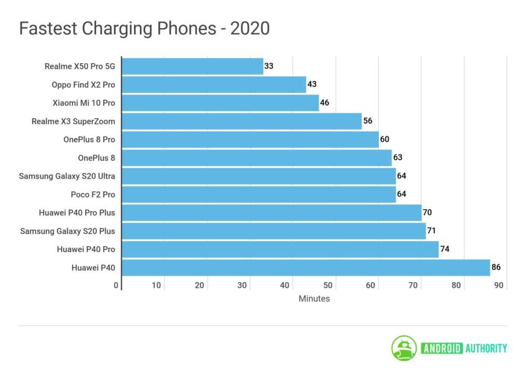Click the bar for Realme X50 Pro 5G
(192, 66)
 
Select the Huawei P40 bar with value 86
(306, 267)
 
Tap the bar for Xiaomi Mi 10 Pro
(220, 103)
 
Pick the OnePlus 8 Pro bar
(250, 139)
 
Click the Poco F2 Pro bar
(258, 194)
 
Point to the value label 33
(269, 66)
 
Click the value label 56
(368, 121)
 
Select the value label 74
(444, 249)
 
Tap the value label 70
(427, 212)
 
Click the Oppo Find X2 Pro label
(83, 85)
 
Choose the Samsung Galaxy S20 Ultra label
(67, 176)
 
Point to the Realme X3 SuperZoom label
(73, 121)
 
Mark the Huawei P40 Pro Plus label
(77, 212)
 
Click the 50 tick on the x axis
(328, 285)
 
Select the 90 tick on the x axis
(499, 285)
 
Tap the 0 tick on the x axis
(116, 285)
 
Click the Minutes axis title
(314, 298)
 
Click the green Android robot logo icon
(403, 348)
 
